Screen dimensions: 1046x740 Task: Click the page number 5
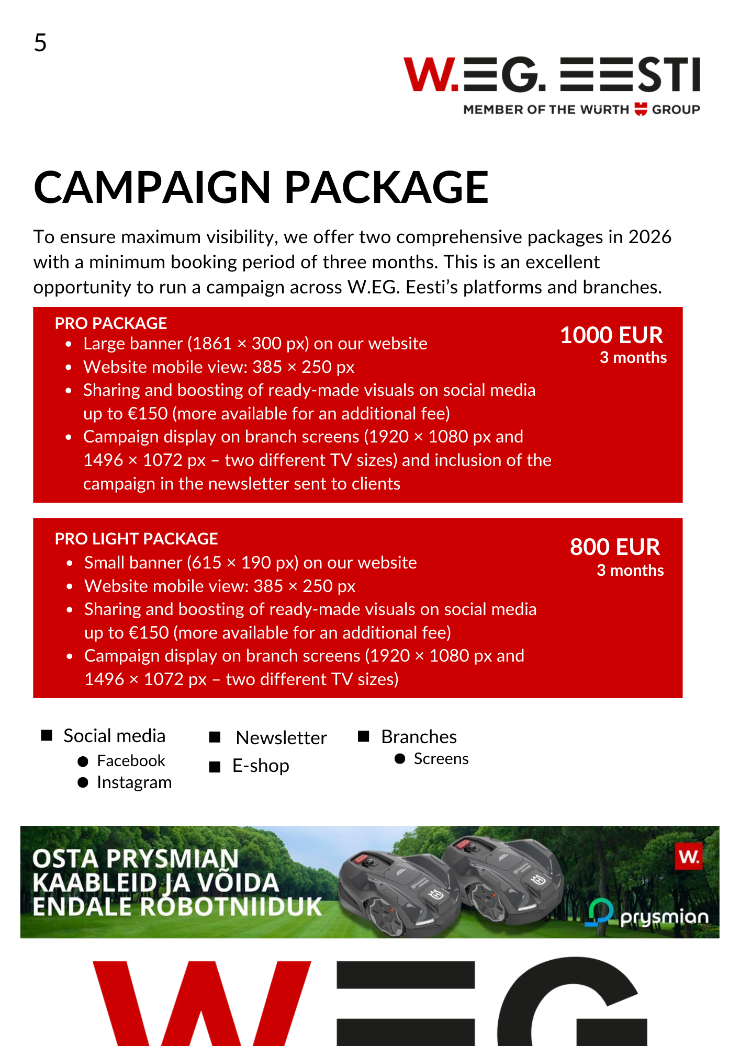point(40,43)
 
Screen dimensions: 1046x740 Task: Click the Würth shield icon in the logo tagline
point(641,109)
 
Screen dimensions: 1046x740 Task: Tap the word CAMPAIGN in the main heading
point(152,187)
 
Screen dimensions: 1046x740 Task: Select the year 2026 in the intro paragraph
point(649,237)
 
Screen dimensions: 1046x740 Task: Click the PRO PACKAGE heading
point(111,323)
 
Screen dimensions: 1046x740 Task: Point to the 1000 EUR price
point(611,335)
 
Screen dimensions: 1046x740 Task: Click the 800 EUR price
point(615,547)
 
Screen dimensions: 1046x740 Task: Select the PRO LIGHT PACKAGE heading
point(136,539)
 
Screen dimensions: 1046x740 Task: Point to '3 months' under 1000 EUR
point(633,358)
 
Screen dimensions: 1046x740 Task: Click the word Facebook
point(131,761)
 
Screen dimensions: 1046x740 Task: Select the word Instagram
point(134,782)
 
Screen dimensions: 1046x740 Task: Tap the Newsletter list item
point(281,737)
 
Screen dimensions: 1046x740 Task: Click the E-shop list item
point(261,766)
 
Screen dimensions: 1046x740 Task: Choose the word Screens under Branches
point(441,759)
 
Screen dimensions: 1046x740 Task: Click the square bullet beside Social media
point(47,736)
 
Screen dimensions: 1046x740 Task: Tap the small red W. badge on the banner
point(689,857)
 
